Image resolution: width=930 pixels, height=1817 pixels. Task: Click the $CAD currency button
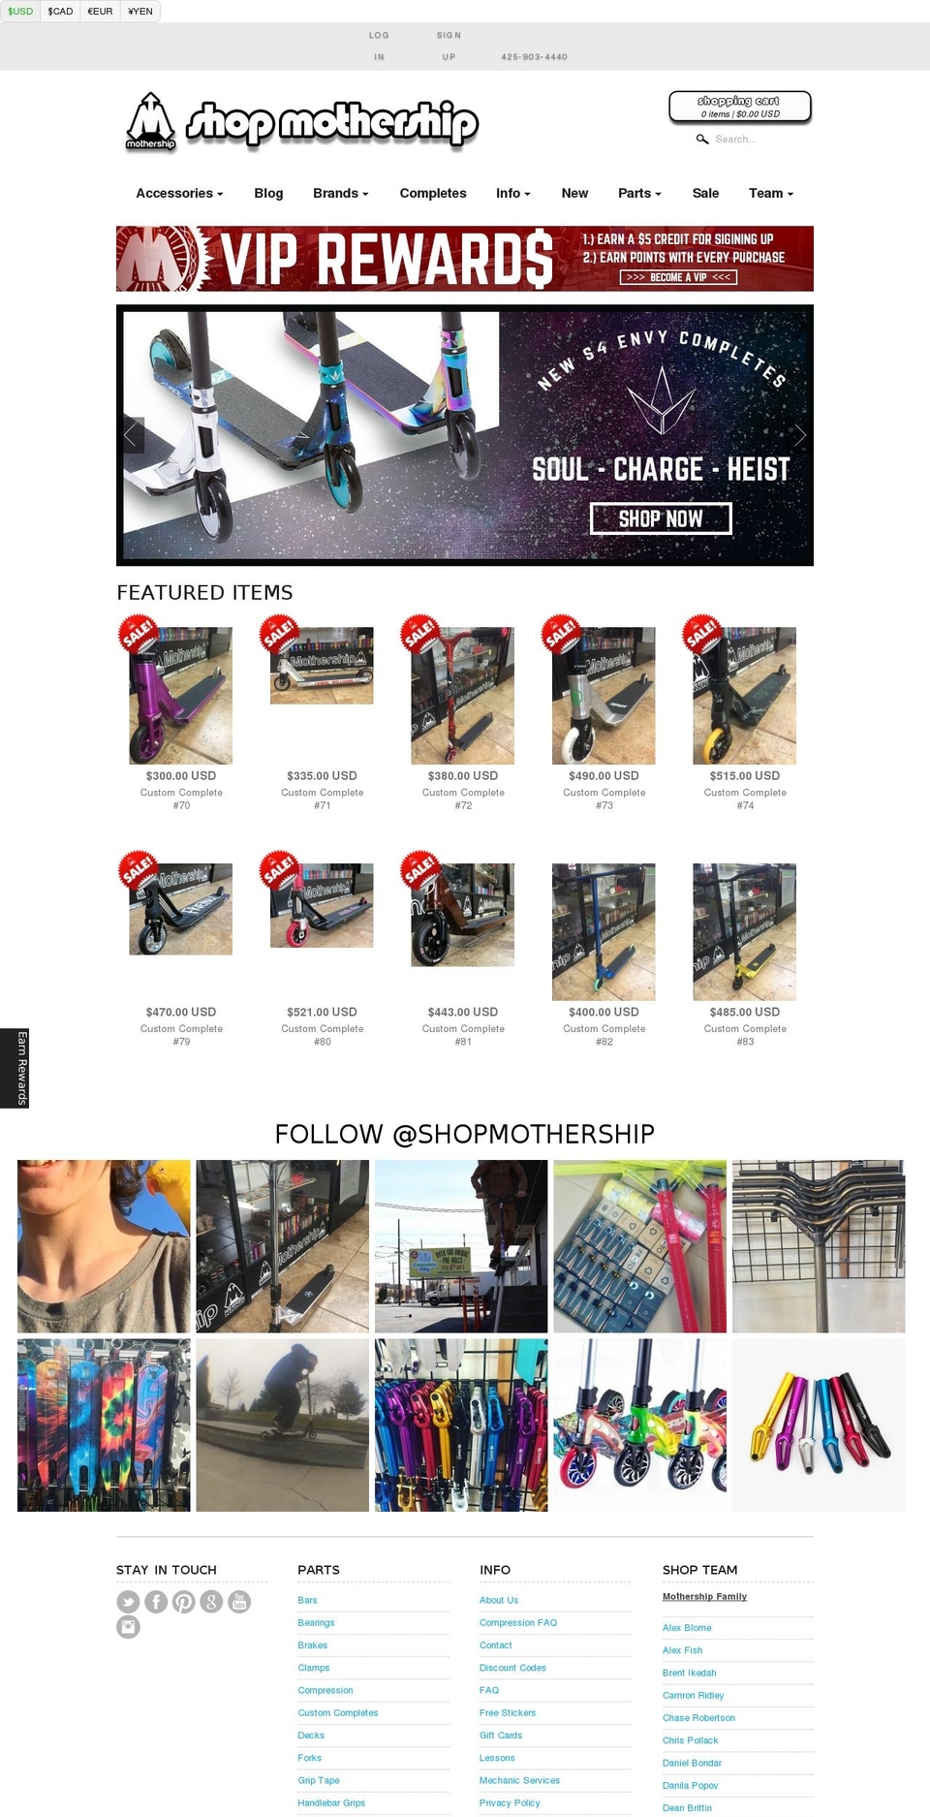click(60, 12)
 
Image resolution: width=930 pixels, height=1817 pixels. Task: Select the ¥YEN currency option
click(140, 12)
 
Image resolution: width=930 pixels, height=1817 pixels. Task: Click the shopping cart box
click(740, 107)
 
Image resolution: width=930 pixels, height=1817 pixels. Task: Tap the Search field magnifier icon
click(702, 140)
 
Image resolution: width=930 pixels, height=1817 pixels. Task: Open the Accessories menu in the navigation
click(179, 193)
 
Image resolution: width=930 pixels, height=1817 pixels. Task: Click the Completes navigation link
click(433, 193)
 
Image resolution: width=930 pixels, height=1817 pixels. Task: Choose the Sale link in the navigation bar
click(705, 193)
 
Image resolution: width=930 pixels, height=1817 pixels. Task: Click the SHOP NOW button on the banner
click(661, 518)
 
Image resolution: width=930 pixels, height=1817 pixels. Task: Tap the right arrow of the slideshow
click(799, 435)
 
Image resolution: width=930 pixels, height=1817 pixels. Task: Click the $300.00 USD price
click(181, 775)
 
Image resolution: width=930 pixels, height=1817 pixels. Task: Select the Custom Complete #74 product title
click(745, 799)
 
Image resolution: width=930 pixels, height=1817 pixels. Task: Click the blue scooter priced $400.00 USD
click(604, 931)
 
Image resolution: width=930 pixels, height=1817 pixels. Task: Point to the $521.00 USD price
click(322, 1012)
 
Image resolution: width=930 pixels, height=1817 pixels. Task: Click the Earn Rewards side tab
click(15, 1068)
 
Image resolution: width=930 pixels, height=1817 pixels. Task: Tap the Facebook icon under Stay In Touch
click(156, 1602)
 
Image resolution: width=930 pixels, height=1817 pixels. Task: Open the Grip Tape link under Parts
click(319, 1780)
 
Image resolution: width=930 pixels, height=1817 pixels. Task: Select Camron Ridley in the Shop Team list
click(693, 1695)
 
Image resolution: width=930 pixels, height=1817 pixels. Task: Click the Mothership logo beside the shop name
click(150, 122)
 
